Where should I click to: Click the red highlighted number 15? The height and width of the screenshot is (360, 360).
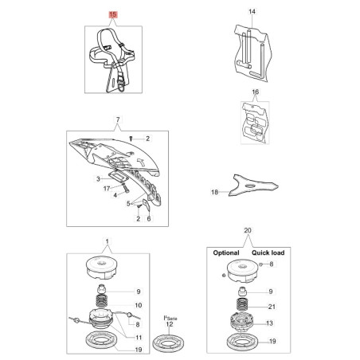113,14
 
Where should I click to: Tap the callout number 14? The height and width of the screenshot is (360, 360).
252,11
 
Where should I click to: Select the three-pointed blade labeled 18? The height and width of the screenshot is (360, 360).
253,185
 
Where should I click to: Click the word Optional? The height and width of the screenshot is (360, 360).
226,252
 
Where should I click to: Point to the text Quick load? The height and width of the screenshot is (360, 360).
268,252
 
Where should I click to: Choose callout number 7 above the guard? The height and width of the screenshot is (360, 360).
118,119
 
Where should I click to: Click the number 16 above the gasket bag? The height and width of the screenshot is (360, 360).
255,92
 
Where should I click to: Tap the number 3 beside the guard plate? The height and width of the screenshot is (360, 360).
98,179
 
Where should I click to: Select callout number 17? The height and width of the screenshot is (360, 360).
107,189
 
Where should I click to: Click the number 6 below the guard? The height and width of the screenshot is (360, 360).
149,218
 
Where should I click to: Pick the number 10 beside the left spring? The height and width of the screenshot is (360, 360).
139,305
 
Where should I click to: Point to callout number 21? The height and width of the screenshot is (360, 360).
272,307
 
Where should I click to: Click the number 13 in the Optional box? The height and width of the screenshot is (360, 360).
269,323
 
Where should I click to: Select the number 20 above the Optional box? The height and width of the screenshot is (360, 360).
248,230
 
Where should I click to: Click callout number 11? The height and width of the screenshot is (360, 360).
139,338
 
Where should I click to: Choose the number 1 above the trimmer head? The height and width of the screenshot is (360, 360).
107,241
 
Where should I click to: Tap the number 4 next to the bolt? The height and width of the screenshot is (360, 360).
115,195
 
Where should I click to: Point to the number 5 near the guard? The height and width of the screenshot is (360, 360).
128,204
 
